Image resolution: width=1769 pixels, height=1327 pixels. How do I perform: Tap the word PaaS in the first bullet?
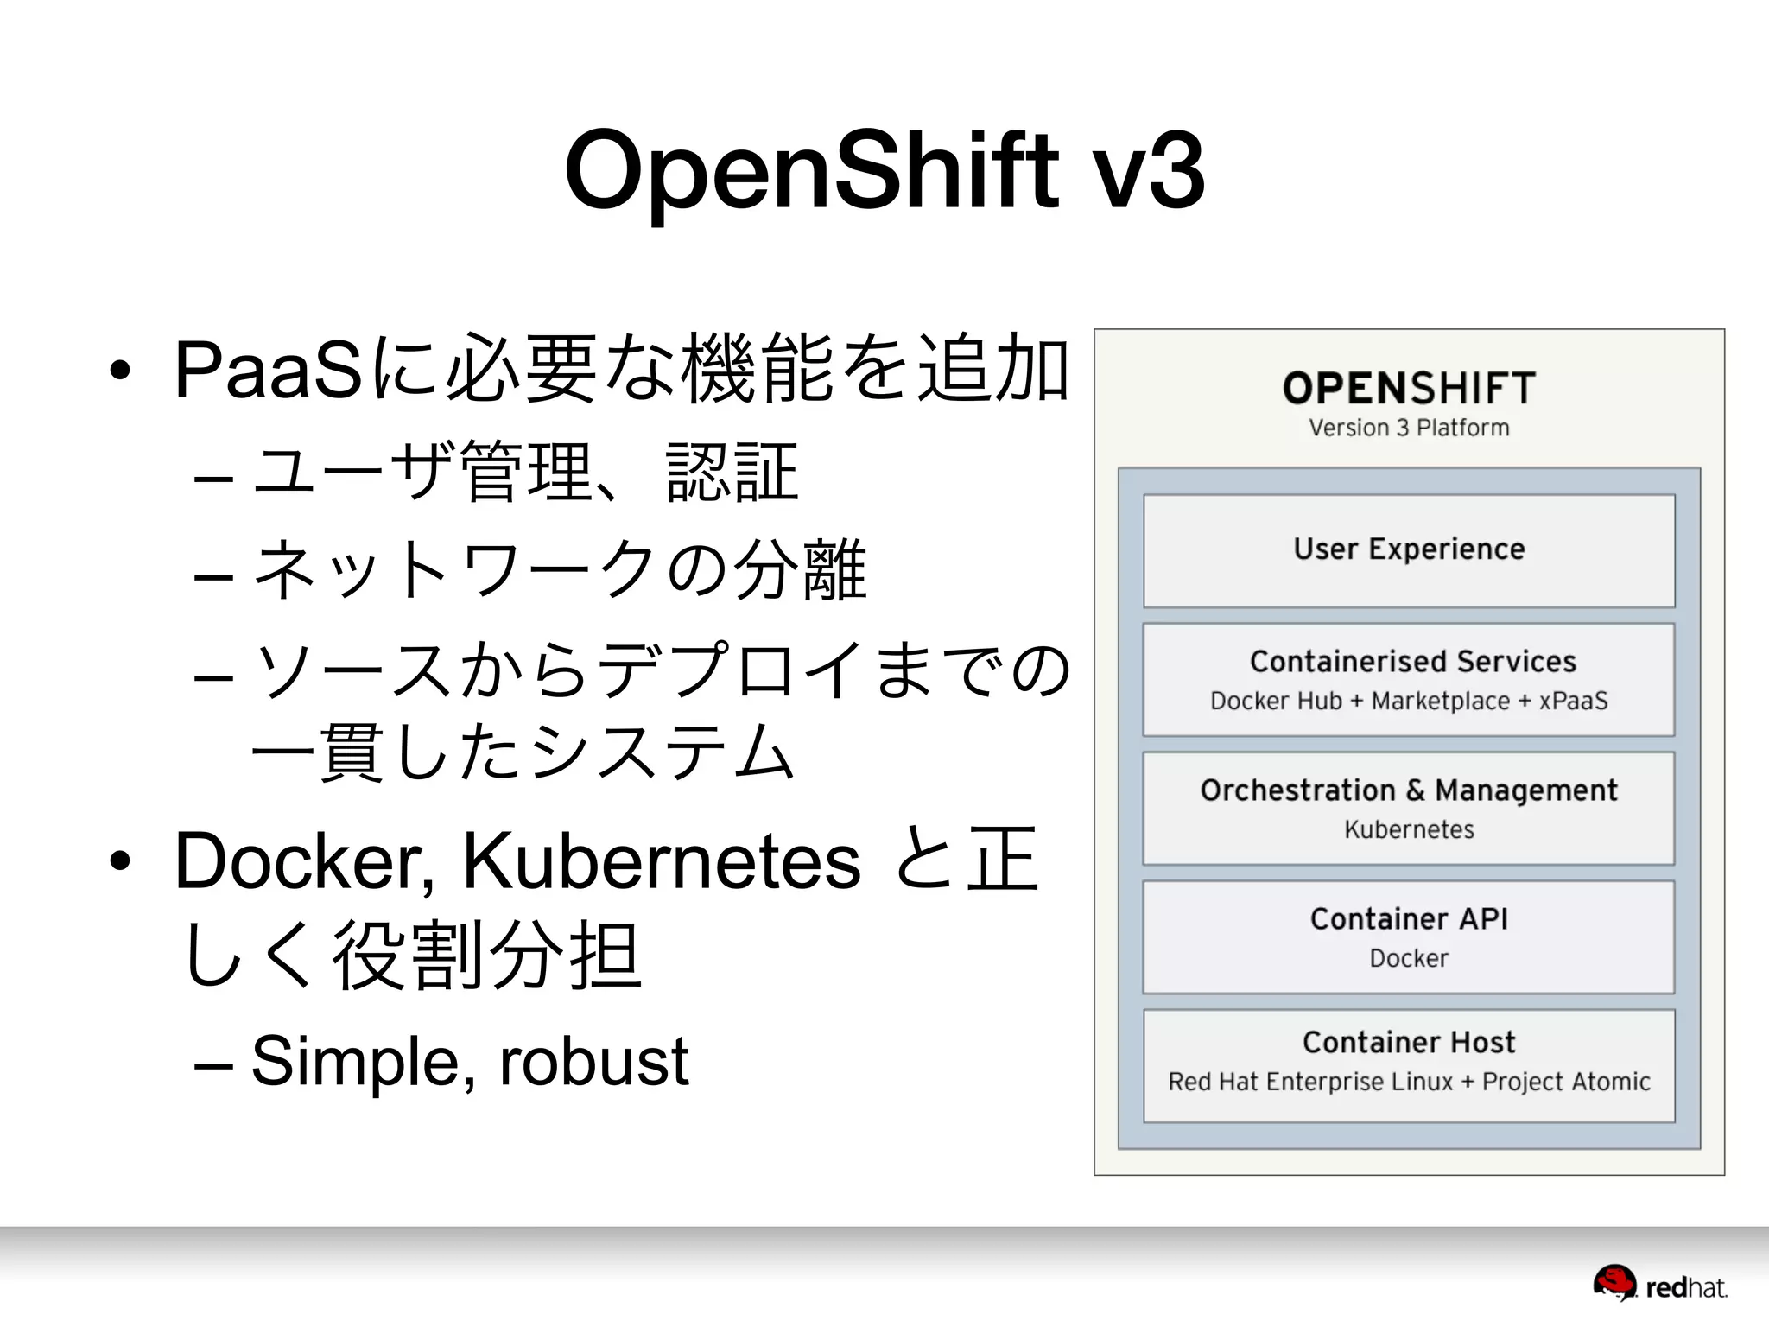[268, 371]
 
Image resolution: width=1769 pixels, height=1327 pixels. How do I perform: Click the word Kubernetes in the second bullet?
[661, 861]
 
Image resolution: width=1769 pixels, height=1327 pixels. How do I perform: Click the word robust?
[594, 1061]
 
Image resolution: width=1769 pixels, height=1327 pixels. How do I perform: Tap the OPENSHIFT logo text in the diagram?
[1409, 388]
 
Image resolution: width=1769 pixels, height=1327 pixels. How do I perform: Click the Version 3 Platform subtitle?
[1409, 428]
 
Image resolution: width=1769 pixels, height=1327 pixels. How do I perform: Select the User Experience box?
[1409, 549]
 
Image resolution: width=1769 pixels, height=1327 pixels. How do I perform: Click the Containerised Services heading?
[1412, 662]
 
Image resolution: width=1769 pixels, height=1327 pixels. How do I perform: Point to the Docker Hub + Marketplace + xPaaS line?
[1409, 701]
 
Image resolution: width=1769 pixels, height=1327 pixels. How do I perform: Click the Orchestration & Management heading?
[1409, 790]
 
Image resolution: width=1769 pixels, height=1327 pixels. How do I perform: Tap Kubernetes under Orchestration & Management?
[1409, 829]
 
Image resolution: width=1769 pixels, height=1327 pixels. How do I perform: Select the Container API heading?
[1409, 919]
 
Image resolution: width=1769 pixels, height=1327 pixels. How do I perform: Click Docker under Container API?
[1409, 958]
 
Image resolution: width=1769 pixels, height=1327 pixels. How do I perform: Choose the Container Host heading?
[1409, 1043]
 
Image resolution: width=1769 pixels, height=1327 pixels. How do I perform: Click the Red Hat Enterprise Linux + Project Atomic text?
[1409, 1082]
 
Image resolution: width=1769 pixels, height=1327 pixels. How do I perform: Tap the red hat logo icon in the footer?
[1614, 1283]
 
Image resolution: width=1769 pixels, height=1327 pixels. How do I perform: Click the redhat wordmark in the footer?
[1686, 1288]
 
